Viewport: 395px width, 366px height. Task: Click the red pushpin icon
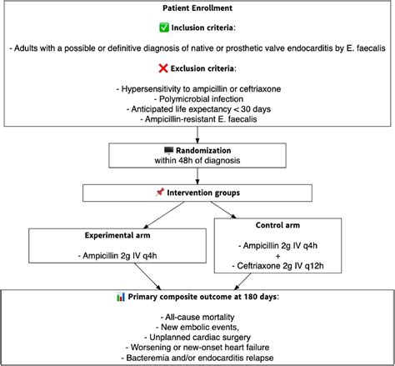pos(160,193)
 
